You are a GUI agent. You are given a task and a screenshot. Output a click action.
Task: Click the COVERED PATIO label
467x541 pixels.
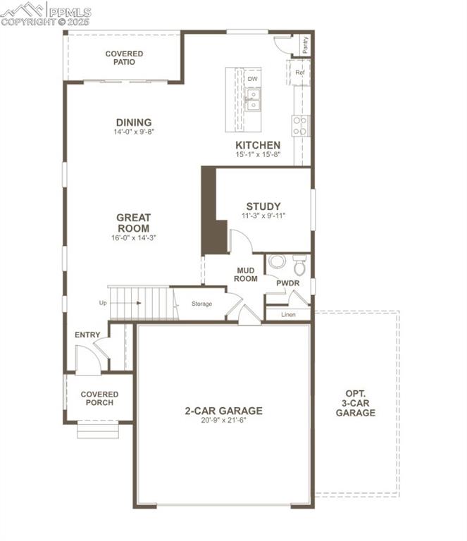[x=124, y=58]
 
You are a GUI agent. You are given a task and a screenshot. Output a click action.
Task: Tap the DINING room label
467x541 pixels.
[x=134, y=123]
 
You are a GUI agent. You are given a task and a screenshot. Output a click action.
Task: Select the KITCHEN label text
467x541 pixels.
[x=258, y=145]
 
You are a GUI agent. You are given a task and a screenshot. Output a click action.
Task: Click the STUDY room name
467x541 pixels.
[x=263, y=206]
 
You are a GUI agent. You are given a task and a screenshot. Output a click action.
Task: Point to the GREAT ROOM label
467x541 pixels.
[x=133, y=223]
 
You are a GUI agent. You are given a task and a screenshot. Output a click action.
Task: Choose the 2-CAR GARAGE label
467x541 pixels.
[x=223, y=411]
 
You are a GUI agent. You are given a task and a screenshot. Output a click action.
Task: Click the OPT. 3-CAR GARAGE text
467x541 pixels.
[x=356, y=403]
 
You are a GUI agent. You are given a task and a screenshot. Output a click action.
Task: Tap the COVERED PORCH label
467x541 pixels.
[x=99, y=399]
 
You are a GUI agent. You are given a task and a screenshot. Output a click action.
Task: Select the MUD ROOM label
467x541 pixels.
[x=245, y=273]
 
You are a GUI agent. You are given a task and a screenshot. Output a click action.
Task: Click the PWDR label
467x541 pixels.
[x=288, y=283]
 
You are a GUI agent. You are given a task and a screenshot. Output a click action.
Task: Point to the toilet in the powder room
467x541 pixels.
[x=300, y=265]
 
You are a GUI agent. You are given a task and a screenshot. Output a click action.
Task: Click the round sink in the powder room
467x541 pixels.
[x=278, y=263]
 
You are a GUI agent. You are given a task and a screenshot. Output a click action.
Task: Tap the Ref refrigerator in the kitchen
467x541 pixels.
[x=299, y=73]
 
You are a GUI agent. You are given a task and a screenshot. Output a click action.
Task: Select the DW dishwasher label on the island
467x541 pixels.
[x=252, y=79]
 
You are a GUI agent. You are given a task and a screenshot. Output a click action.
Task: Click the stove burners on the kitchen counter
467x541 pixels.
[x=300, y=126]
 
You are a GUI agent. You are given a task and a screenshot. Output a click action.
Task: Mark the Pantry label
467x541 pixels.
[x=306, y=44]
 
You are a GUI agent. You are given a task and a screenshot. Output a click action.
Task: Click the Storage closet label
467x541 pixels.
[x=202, y=304]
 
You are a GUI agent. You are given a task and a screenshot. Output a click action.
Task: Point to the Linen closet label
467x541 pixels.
[x=288, y=314]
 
